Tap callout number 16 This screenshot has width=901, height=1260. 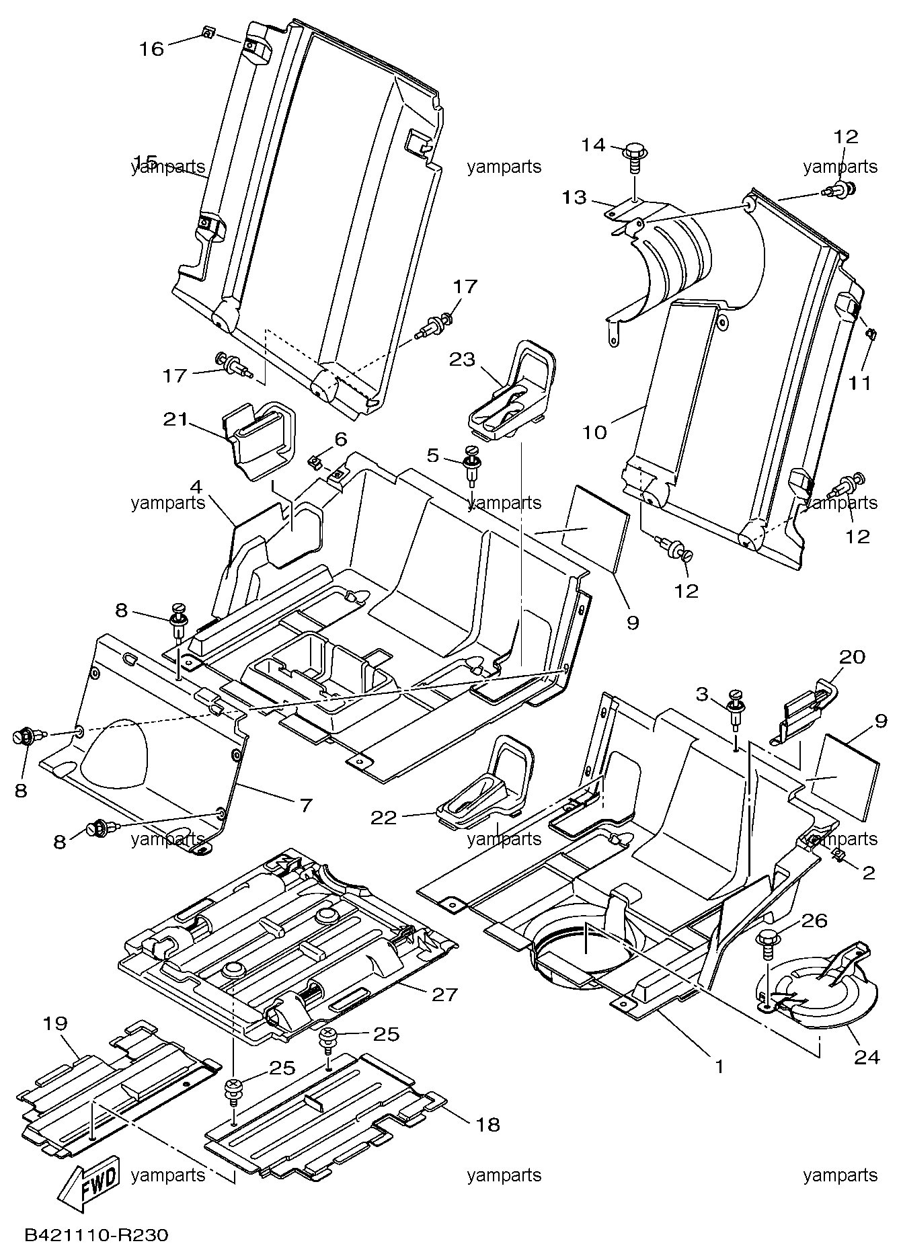coord(151,48)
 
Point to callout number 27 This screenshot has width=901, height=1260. coord(444,994)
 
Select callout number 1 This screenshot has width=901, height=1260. coord(719,1066)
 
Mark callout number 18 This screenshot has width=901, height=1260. coord(488,1124)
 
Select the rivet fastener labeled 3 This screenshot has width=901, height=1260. coord(737,713)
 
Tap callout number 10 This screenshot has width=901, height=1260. coord(594,432)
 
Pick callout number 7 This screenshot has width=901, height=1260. coord(306,805)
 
